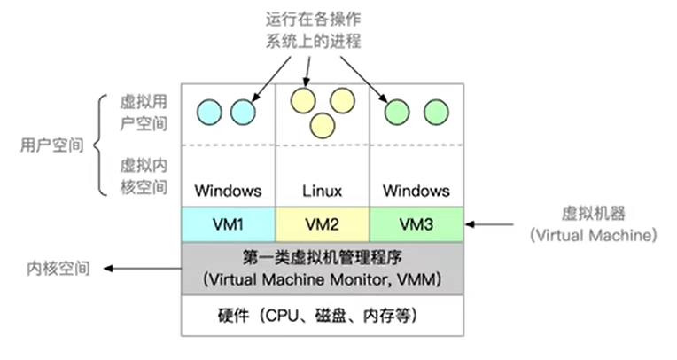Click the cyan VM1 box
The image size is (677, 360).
pyautogui.click(x=228, y=224)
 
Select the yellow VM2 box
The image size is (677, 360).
pyautogui.click(x=321, y=224)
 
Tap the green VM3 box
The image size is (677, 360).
pyautogui.click(x=415, y=224)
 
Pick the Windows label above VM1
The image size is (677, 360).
pyautogui.click(x=228, y=191)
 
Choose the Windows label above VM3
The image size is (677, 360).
pyautogui.click(x=415, y=191)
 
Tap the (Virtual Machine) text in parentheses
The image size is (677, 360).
pyautogui.click(x=592, y=235)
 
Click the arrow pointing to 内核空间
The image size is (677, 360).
pyautogui.click(x=142, y=267)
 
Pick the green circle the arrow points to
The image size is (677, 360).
pyautogui.click(x=397, y=112)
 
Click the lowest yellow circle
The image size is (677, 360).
pyautogui.click(x=322, y=125)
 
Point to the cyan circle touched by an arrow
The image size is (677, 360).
pyautogui.click(x=242, y=112)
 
